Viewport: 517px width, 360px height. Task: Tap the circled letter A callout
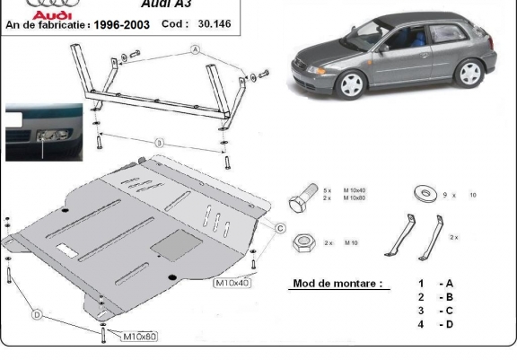tap(194, 52)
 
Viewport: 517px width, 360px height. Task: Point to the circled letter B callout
tap(159, 143)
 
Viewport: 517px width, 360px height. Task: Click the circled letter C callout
tap(281, 229)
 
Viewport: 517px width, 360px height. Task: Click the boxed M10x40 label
tap(232, 283)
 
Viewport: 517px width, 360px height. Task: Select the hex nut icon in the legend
tap(305, 242)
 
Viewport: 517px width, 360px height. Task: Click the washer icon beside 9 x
tap(421, 194)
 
